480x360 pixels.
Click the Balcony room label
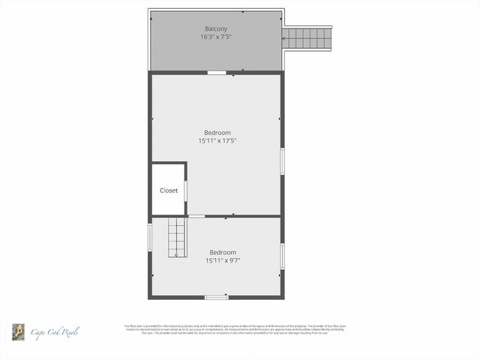pos(216,28)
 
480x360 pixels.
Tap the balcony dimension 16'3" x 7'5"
pos(216,37)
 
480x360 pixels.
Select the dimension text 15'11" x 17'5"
pos(217,140)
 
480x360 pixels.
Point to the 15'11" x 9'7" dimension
pos(223,260)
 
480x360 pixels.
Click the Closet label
pos(169,190)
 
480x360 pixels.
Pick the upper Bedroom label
pos(217,133)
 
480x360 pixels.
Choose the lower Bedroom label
pos(223,252)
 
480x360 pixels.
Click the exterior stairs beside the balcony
pos(308,37)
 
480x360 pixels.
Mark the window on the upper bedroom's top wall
pos(216,73)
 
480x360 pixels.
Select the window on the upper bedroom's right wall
pos(282,161)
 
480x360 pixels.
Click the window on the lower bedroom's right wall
pos(282,255)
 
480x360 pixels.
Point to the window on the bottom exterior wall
pos(216,297)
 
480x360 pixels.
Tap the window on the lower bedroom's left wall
pos(150,236)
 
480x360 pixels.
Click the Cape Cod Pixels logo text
pos(55,331)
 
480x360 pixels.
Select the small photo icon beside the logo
pos(17,331)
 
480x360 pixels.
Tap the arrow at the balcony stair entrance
pos(284,38)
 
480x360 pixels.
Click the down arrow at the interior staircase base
pos(176,255)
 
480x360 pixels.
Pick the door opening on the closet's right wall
pos(185,190)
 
